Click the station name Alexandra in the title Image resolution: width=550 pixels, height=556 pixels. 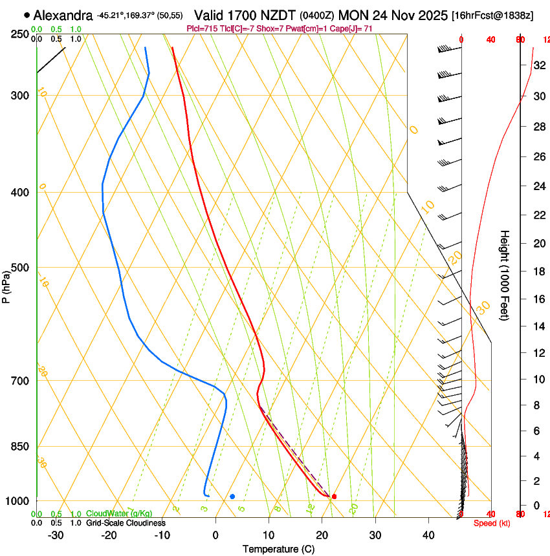tap(63, 15)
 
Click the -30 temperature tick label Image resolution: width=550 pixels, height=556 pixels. tap(56, 535)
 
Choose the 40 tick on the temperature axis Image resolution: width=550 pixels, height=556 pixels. tap(428, 535)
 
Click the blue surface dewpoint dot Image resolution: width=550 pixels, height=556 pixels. tap(232, 497)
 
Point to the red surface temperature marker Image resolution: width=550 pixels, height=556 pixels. tap(334, 497)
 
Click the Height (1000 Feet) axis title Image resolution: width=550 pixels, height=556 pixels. tap(505, 275)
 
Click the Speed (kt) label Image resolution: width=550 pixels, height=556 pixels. tap(492, 523)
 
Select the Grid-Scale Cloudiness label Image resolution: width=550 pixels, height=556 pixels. tap(126, 522)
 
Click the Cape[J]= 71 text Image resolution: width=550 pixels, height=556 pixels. tap(353, 28)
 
